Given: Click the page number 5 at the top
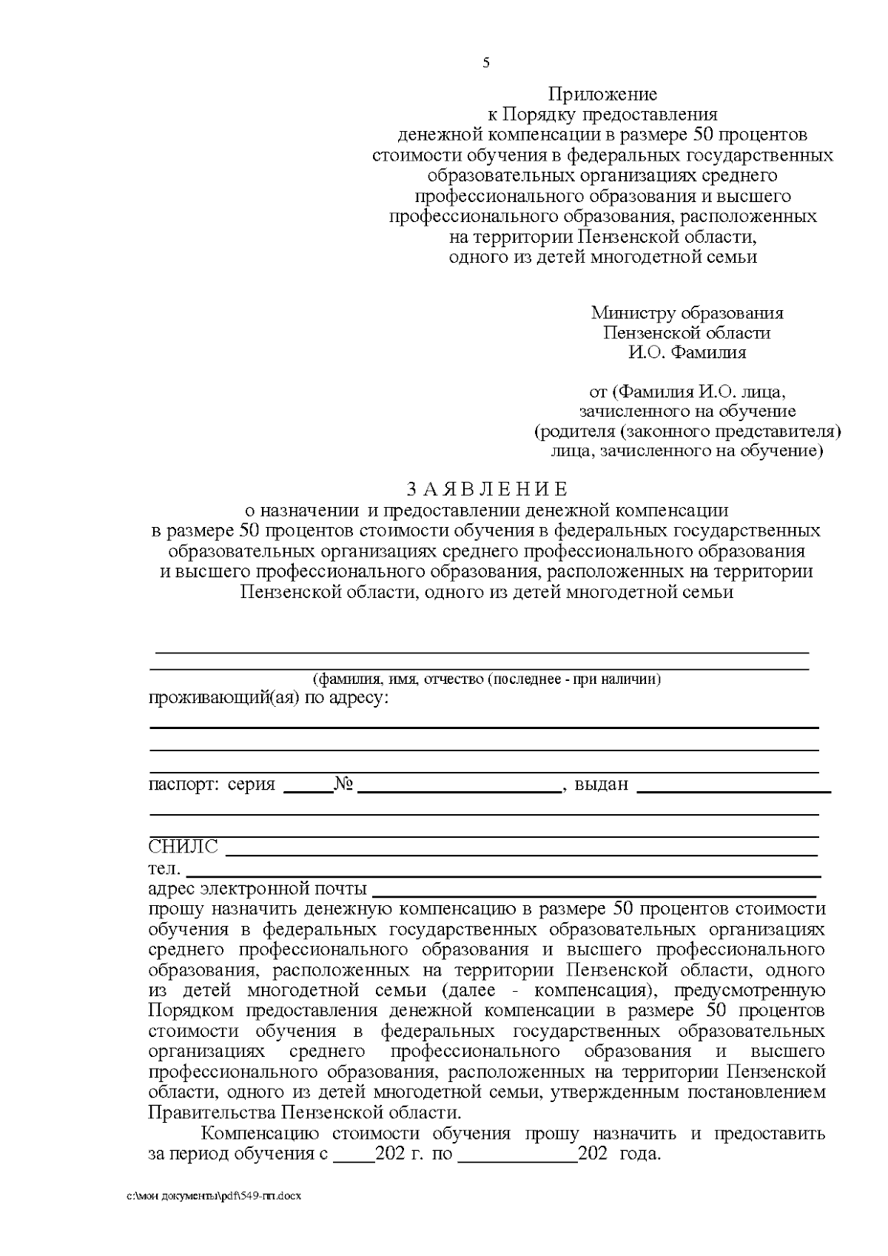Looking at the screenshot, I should click(486, 63).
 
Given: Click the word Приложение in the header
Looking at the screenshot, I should click(602, 95).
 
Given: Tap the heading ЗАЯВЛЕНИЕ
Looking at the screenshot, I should click(487, 489).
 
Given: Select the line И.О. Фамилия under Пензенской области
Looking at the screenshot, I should click(687, 352).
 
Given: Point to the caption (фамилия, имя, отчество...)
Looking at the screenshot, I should click(486, 679).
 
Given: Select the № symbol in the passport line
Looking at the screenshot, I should click(343, 785).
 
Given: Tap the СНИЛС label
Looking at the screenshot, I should click(184, 847).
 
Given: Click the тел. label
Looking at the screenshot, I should click(164, 867).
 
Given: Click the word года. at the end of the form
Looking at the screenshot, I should click(639, 1154).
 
